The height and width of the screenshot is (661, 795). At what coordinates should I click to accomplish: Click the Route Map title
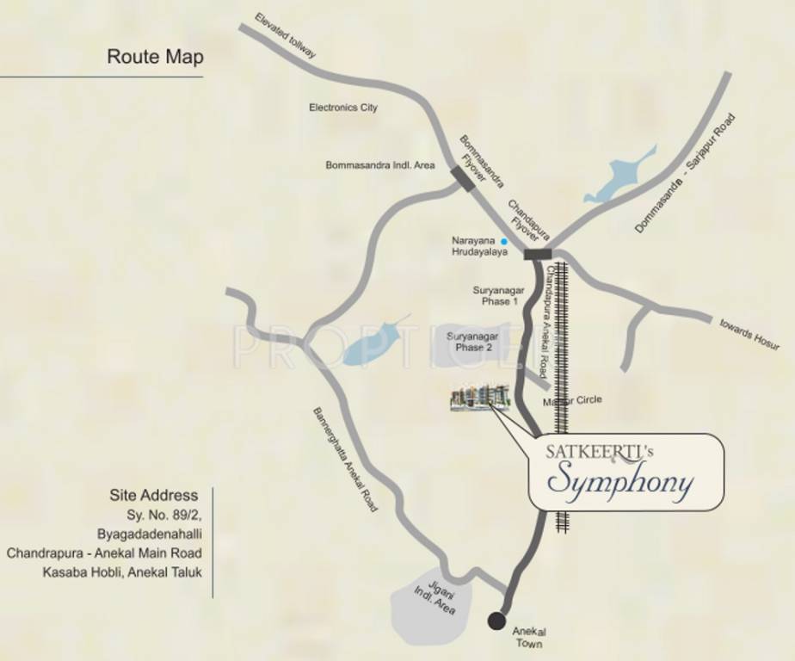pyautogui.click(x=155, y=57)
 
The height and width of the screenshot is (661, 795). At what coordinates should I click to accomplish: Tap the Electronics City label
pyautogui.click(x=342, y=108)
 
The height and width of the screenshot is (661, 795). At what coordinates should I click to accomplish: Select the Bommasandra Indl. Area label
pyautogui.click(x=379, y=164)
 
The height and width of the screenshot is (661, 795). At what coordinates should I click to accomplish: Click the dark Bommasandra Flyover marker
pyautogui.click(x=463, y=178)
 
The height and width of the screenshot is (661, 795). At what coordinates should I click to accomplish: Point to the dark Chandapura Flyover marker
pyautogui.click(x=538, y=253)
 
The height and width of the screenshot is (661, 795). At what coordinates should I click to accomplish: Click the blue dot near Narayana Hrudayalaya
pyautogui.click(x=504, y=243)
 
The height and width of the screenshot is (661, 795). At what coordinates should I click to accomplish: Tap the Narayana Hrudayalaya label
pyautogui.click(x=479, y=246)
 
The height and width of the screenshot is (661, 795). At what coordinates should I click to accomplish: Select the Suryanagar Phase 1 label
pyautogui.click(x=498, y=296)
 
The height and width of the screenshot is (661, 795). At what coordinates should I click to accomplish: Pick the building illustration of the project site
pyautogui.click(x=480, y=397)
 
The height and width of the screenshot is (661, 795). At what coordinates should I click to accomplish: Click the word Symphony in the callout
pyautogui.click(x=619, y=482)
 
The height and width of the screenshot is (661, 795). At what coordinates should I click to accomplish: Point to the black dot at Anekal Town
pyautogui.click(x=496, y=621)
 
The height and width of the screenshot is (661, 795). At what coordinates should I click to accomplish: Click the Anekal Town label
pyautogui.click(x=529, y=638)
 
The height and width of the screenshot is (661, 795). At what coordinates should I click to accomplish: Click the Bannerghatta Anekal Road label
pyautogui.click(x=344, y=460)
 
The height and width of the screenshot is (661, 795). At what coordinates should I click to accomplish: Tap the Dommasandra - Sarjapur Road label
pyautogui.click(x=686, y=174)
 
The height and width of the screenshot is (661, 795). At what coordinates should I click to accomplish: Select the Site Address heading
pyautogui.click(x=153, y=495)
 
